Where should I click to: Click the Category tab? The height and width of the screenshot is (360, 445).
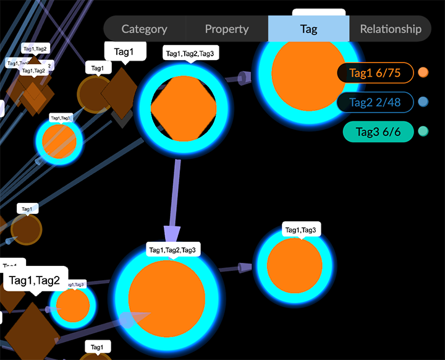(144, 29)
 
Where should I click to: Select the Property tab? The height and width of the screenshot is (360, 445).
(227, 29)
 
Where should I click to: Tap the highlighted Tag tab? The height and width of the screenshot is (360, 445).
(308, 29)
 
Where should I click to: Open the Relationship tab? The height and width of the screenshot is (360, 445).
(391, 29)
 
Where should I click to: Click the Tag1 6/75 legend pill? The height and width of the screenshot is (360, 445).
(375, 73)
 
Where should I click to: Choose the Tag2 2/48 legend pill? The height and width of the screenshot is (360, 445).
(375, 102)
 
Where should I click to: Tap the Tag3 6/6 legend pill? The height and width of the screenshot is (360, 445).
(375, 131)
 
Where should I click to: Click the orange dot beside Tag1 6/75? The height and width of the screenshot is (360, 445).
(423, 72)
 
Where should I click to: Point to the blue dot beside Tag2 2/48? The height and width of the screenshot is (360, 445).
(423, 102)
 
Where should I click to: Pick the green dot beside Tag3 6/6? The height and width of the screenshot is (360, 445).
(423, 131)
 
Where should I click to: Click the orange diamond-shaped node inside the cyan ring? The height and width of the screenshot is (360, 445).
(184, 108)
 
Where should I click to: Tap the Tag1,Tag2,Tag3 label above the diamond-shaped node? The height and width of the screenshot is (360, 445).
(190, 54)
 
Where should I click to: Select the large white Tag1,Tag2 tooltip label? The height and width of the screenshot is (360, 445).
(35, 281)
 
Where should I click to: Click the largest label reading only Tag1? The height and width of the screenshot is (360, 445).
(125, 52)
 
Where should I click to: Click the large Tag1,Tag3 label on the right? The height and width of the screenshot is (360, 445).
(300, 230)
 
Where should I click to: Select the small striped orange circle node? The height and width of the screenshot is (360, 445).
(59, 141)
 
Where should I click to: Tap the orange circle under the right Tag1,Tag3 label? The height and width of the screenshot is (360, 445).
(294, 266)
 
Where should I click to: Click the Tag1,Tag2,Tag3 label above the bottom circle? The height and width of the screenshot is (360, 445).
(172, 250)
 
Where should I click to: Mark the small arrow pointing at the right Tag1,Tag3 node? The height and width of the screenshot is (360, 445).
(245, 267)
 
